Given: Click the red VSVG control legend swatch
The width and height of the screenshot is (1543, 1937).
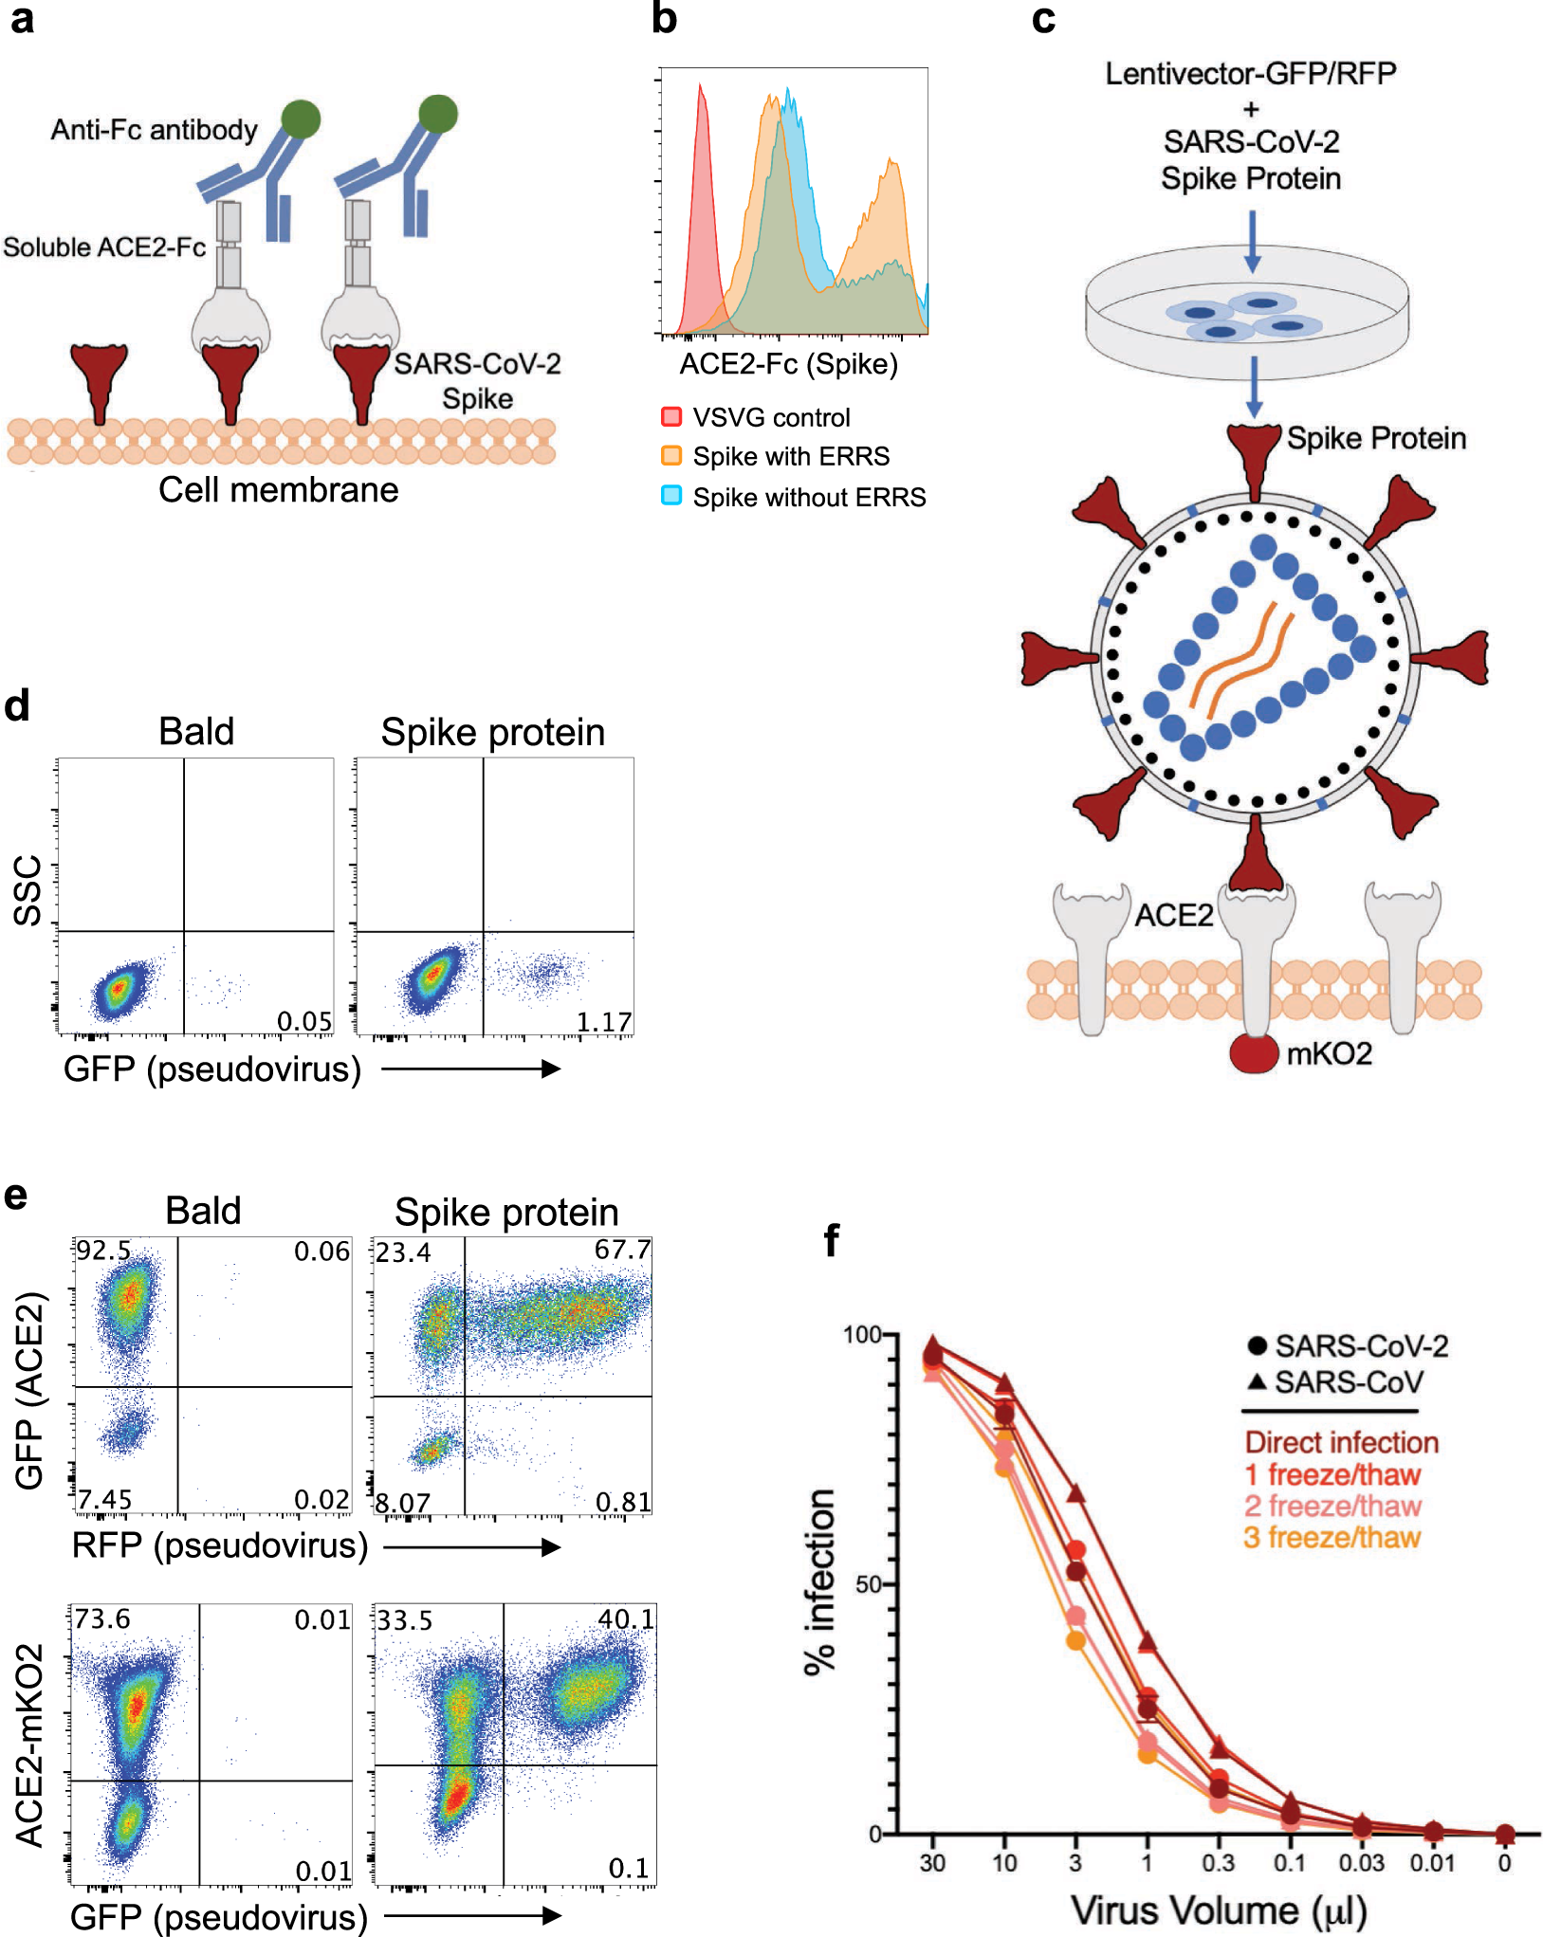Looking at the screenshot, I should (x=671, y=416).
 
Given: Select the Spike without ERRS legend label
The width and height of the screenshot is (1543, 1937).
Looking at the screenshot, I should (x=809, y=497).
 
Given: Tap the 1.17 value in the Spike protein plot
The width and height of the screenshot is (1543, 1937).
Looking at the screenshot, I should (x=604, y=1022).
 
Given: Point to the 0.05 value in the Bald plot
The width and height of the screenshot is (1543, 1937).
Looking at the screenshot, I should (x=304, y=1021).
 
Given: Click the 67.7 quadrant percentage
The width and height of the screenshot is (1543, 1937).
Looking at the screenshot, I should (x=622, y=1251).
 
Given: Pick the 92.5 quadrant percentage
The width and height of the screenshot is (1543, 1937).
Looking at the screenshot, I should (x=103, y=1251).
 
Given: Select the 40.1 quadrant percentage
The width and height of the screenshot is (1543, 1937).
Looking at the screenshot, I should (x=626, y=1619).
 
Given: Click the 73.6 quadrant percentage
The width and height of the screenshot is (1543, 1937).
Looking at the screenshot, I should (x=102, y=1618).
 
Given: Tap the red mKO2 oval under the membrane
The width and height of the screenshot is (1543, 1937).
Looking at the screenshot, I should (x=1254, y=1052).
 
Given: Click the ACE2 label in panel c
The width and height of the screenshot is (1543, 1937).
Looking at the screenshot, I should (x=1174, y=916).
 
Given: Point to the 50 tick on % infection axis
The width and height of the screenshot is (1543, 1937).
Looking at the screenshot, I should (x=869, y=1584).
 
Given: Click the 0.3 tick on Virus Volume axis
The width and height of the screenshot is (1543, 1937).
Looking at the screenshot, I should (x=1218, y=1863).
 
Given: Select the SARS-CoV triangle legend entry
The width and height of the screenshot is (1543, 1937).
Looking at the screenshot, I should (x=1335, y=1382).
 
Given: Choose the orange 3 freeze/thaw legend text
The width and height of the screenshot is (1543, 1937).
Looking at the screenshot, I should (x=1332, y=1537).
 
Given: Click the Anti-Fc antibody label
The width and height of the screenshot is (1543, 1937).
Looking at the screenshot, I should (x=154, y=130).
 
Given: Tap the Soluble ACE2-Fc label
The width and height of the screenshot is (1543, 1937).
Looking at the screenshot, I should (x=104, y=247).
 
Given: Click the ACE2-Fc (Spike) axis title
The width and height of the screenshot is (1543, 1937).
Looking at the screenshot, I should (x=788, y=364).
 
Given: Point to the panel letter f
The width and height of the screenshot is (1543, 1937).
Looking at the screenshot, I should (x=832, y=1239).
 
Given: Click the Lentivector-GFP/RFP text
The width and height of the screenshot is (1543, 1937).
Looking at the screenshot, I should (x=1250, y=74).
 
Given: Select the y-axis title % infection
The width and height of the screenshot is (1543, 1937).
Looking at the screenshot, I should (x=820, y=1581).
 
